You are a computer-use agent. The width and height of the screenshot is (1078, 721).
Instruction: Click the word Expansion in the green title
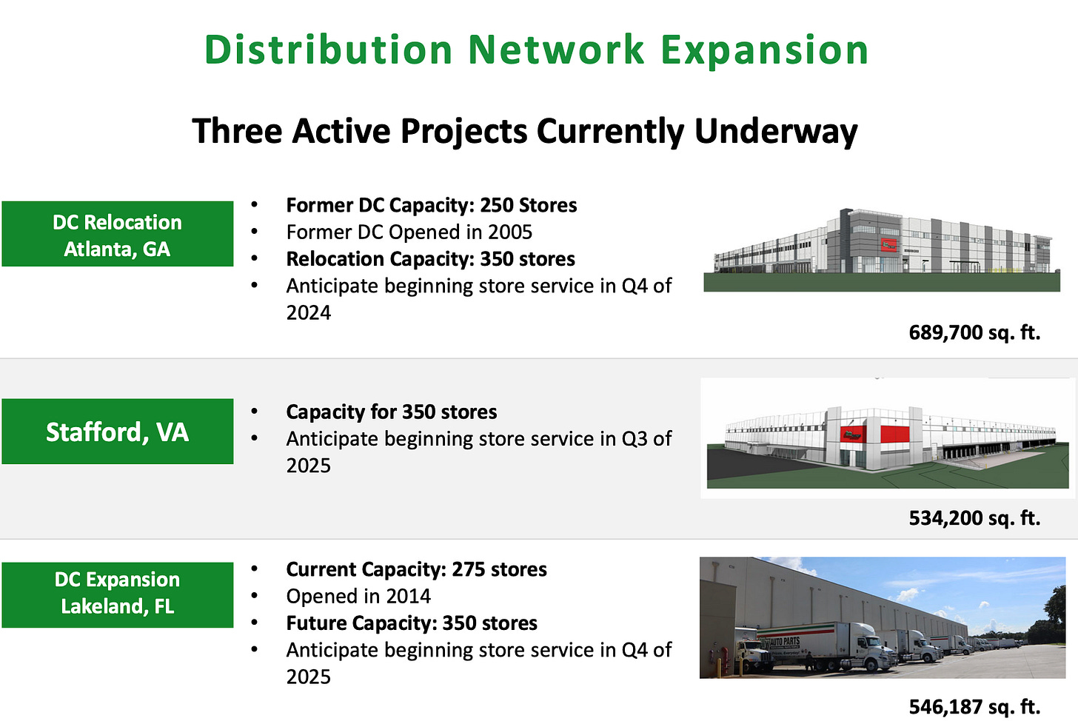pos(765,50)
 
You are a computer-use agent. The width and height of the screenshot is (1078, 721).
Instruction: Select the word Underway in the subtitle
pos(776,131)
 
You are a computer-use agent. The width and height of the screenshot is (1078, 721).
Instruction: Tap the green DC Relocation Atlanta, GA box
pos(118,234)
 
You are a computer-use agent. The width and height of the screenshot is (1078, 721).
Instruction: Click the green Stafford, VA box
pos(118,432)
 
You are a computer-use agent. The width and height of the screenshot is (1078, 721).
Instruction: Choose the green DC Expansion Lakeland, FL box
pos(118,595)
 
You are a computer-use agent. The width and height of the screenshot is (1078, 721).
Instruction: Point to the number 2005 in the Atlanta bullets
pos(510,232)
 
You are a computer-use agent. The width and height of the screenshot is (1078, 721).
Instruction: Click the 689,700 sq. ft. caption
pos(974,332)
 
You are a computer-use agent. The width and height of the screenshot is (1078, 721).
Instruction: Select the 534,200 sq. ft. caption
pos(974,518)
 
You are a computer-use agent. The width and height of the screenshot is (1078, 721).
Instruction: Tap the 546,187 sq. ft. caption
pos(974,706)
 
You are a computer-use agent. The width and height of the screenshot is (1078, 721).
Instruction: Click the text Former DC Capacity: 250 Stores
pos(431,206)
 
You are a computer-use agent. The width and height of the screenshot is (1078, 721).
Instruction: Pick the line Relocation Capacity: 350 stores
pos(430,259)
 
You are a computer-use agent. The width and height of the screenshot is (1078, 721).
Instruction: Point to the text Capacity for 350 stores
pos(391,412)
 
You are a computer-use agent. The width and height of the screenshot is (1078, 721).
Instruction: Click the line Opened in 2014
pos(358,597)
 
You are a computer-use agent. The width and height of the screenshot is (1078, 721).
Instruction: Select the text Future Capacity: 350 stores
pos(412,623)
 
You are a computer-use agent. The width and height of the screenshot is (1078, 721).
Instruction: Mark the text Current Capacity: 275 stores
pos(416,569)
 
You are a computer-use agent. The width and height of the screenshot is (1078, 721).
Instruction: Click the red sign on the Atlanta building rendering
pos(889,244)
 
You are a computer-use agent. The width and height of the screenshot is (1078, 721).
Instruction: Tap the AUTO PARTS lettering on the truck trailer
pos(785,642)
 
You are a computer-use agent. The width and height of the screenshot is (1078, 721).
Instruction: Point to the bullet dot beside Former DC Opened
pos(254,232)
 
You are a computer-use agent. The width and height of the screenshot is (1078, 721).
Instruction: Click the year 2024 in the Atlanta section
pos(309,313)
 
